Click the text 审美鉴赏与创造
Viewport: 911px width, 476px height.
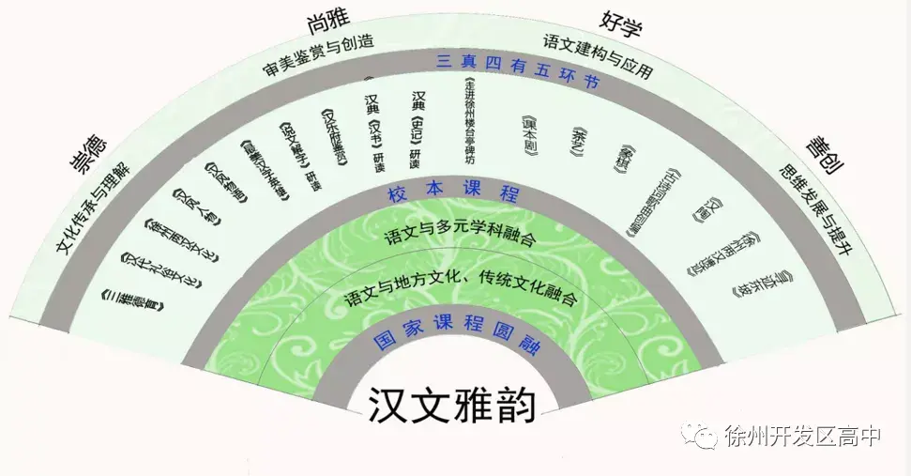(318, 54)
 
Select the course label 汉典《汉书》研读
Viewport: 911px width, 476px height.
(374, 132)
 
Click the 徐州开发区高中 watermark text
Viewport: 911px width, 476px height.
(803, 436)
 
